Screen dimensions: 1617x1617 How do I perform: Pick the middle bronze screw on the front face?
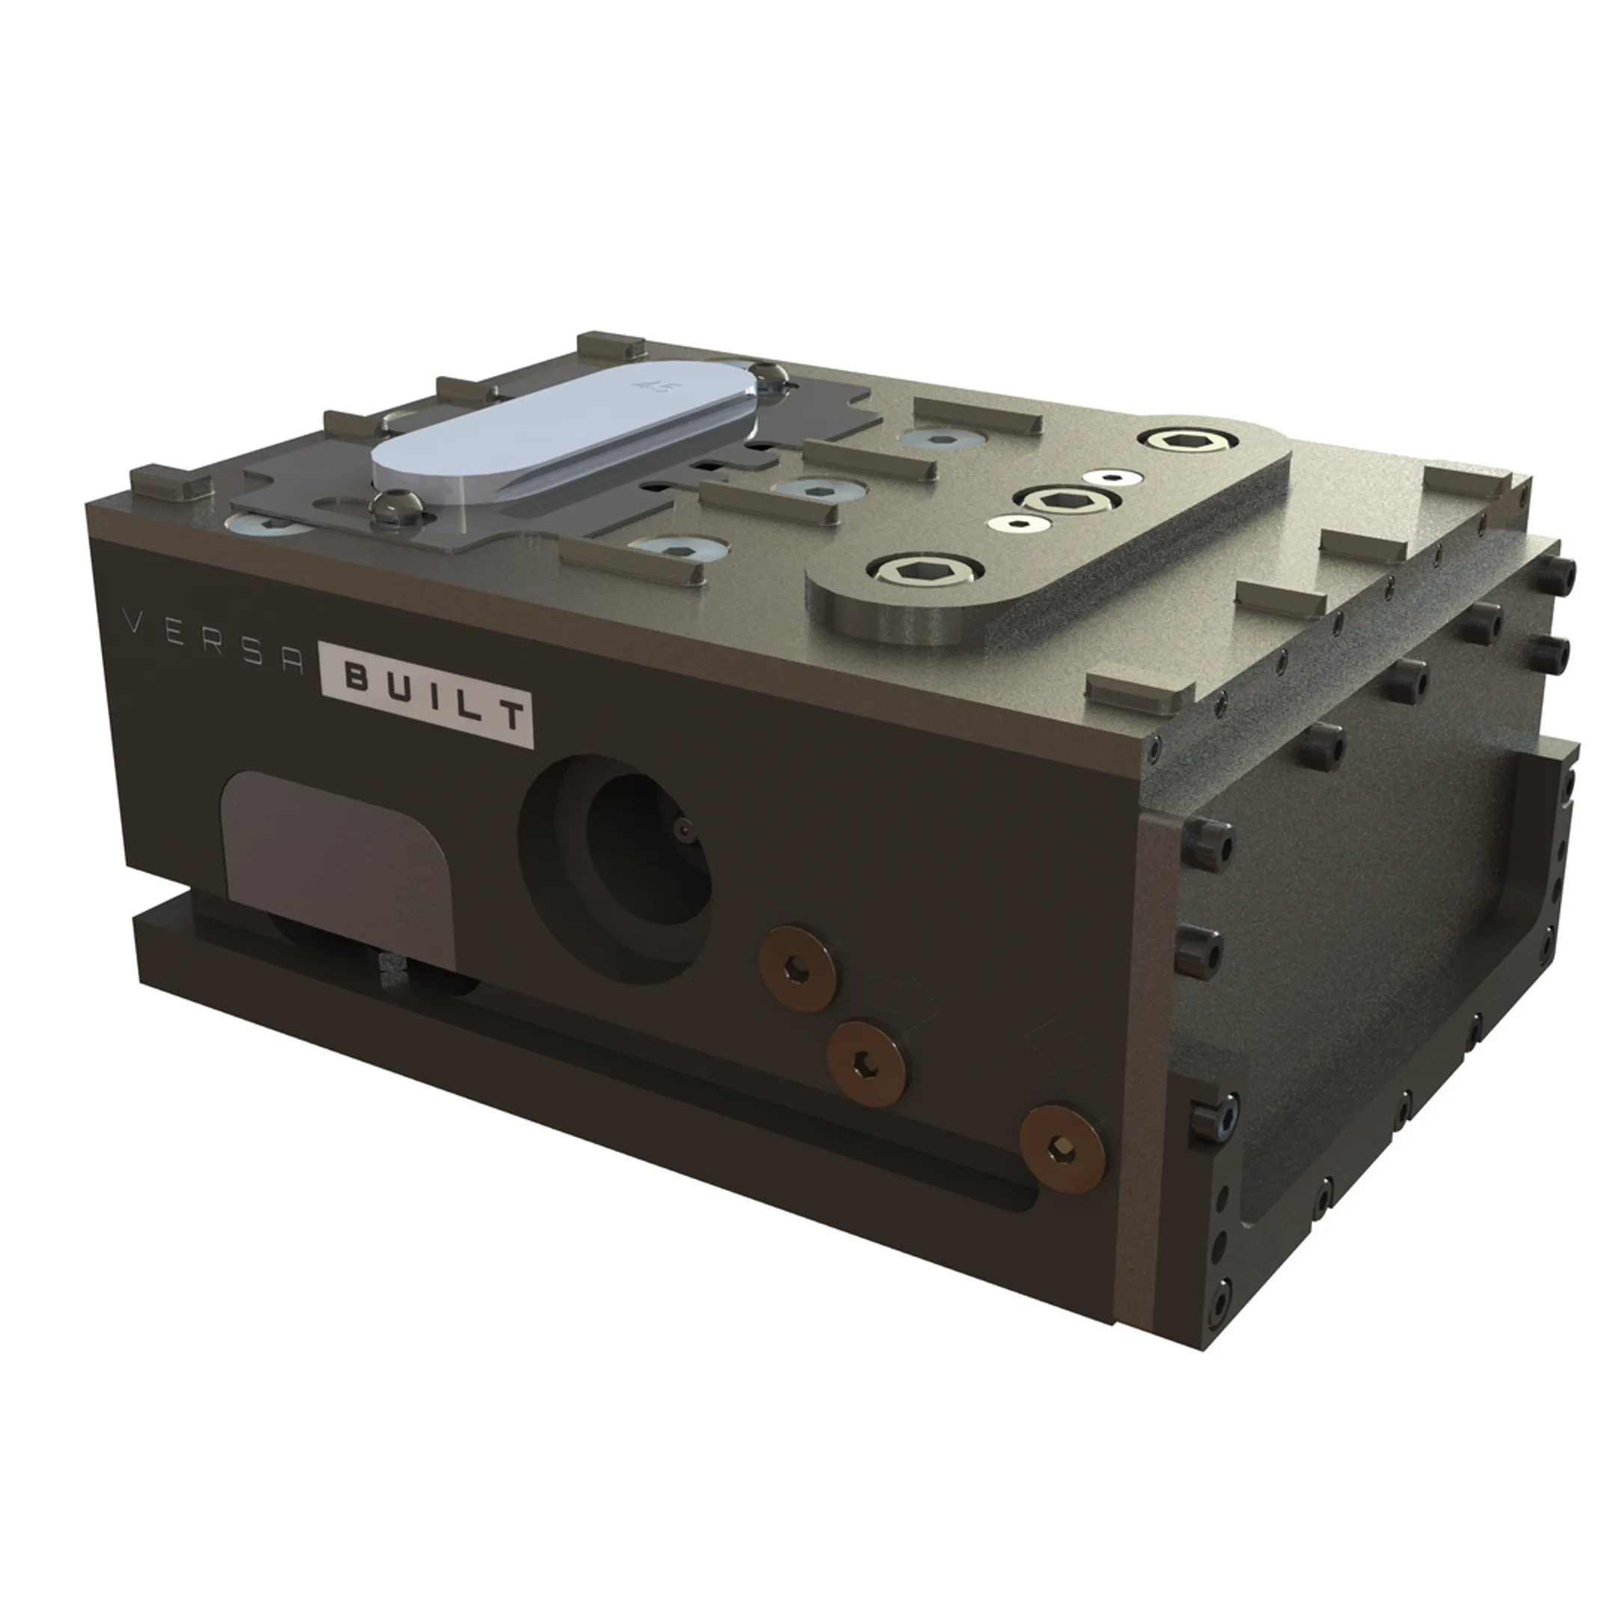865,1063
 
